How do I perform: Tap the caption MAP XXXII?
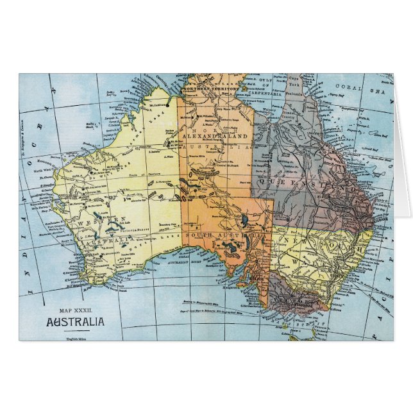tap(71, 310)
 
